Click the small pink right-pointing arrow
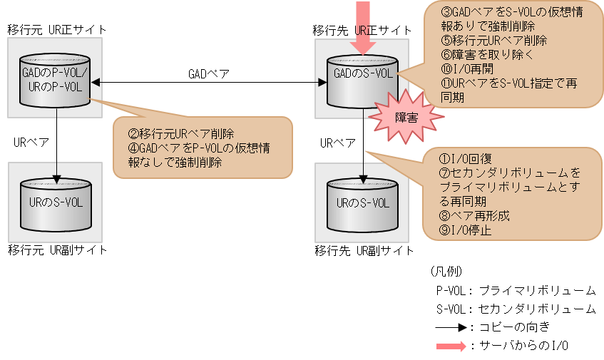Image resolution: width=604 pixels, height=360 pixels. click(451, 346)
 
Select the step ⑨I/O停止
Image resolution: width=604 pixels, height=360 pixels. click(466, 230)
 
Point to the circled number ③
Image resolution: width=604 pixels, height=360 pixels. click(447, 11)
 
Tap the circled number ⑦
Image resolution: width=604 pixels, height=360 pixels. click(447, 173)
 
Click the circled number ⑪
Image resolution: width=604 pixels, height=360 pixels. click(447, 83)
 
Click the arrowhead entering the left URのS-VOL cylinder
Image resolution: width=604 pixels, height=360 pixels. click(56, 178)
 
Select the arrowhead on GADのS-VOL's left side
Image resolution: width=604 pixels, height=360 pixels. click(322, 83)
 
